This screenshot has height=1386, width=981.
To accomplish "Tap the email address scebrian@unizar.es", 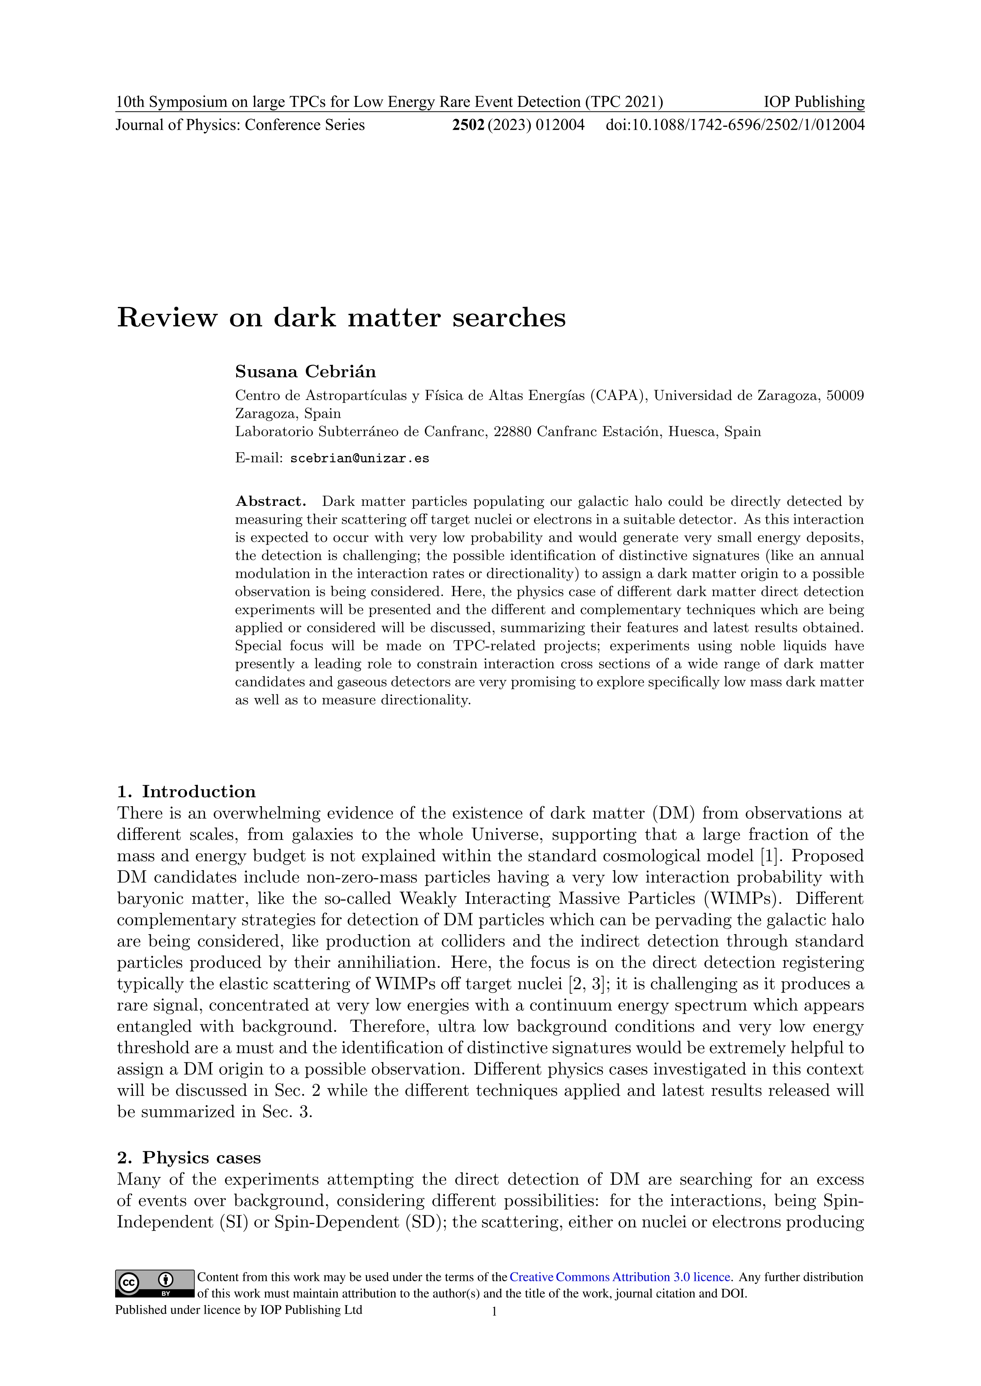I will tap(360, 458).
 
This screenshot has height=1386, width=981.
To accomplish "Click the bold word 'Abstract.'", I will tap(271, 501).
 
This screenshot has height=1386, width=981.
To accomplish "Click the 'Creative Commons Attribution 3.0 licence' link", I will tap(620, 1277).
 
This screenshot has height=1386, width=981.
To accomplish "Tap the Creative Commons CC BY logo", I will tap(155, 1283).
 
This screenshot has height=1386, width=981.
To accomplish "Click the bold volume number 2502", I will tap(468, 125).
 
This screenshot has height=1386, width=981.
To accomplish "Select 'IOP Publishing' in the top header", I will tap(814, 102).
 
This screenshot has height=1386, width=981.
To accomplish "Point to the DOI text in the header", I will tap(735, 125).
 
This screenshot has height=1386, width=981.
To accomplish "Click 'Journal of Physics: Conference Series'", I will tap(240, 125).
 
